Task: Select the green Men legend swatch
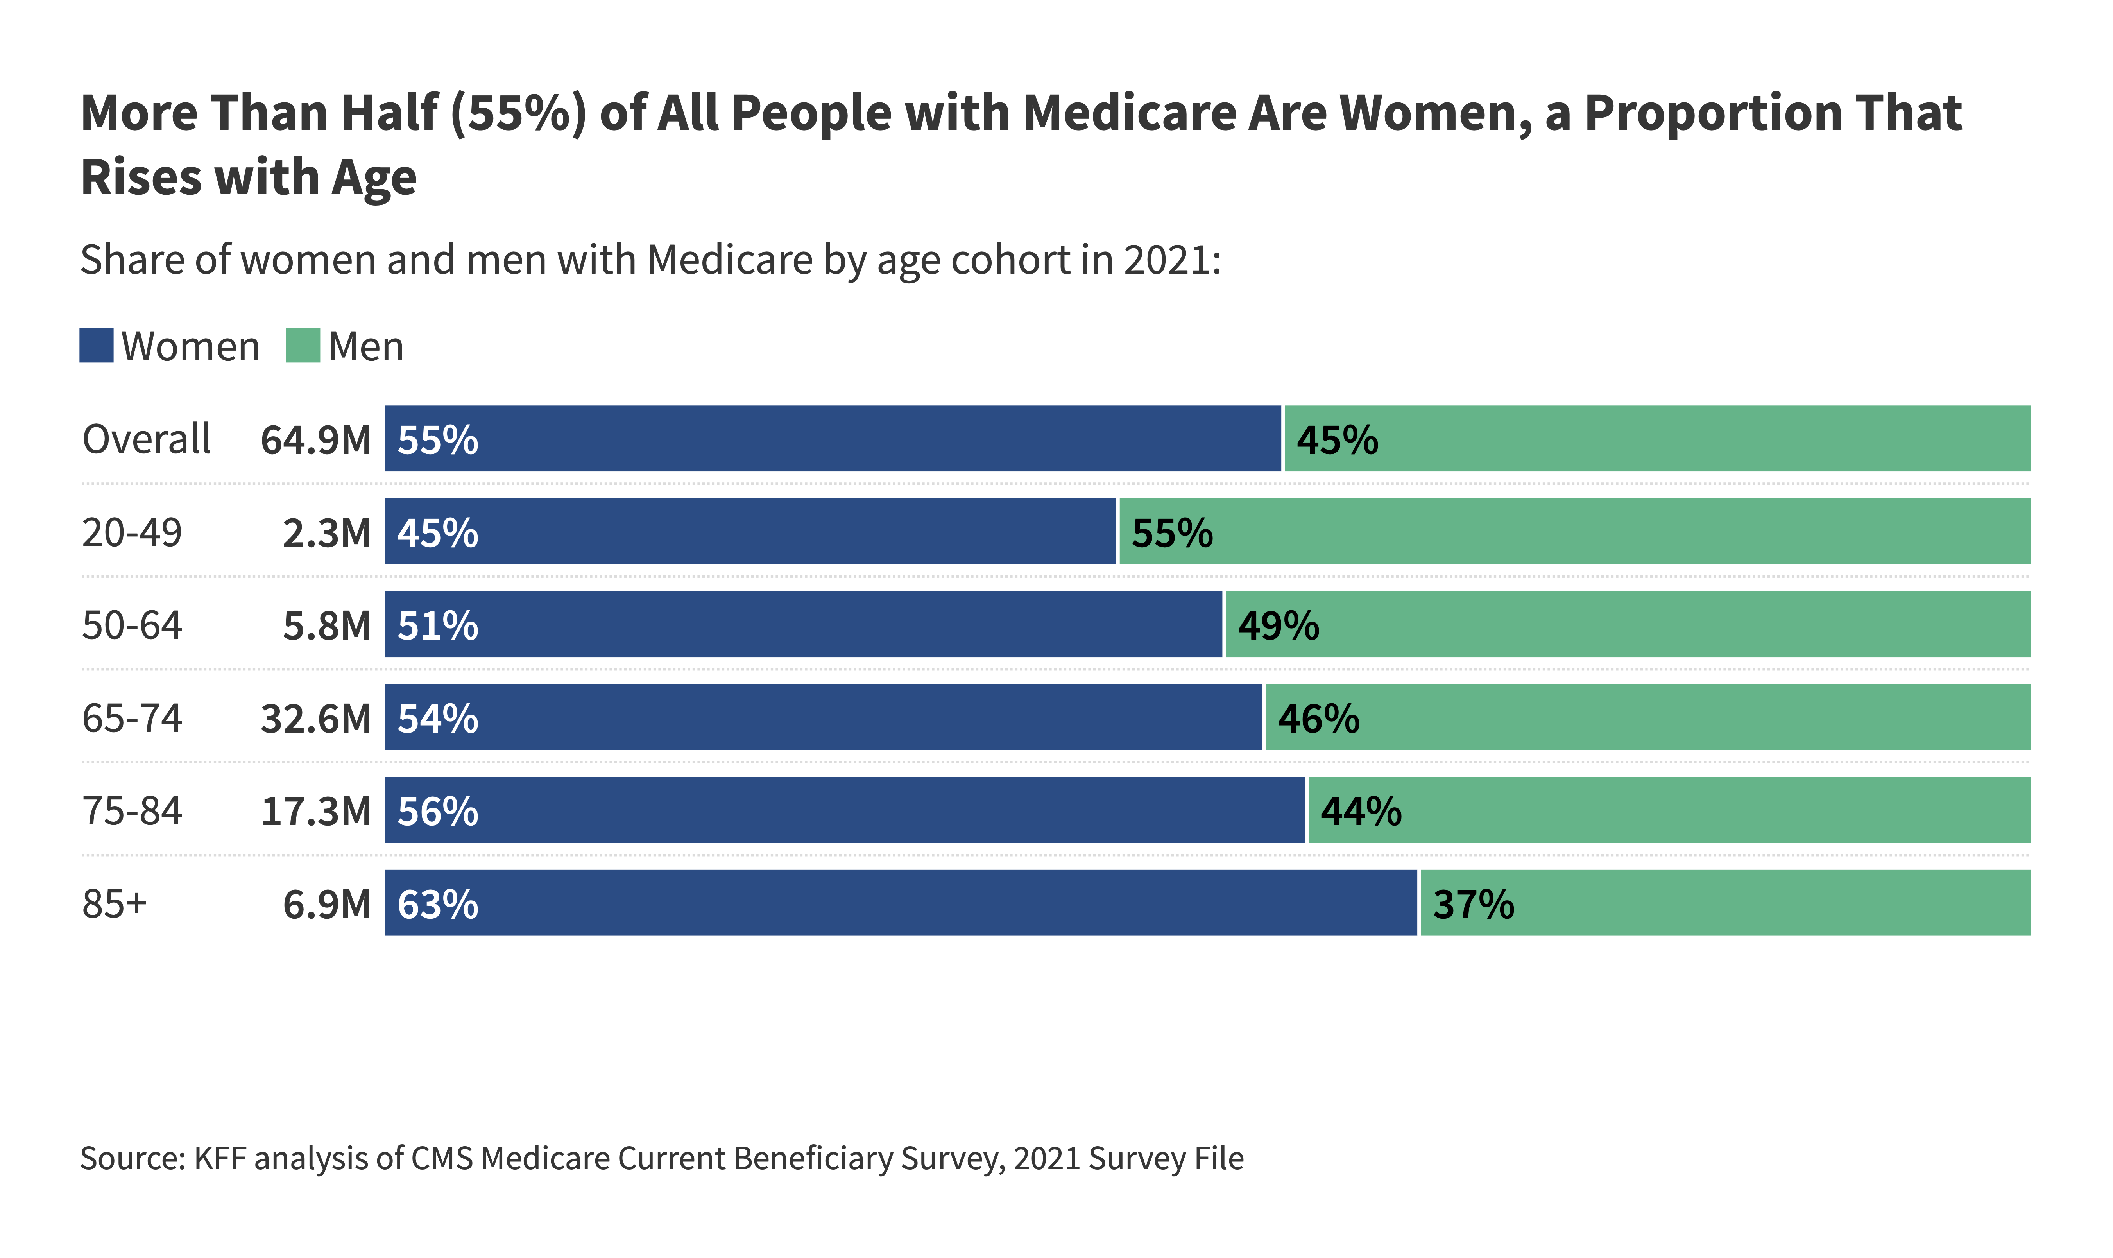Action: (303, 346)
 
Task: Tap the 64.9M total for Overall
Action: (315, 440)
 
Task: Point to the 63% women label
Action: (437, 905)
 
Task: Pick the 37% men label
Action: (1473, 905)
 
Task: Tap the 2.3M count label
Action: (326, 533)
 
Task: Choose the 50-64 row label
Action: (131, 625)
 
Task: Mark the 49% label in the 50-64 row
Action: (1278, 625)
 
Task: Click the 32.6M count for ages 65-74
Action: (315, 719)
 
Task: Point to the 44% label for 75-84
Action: (1360, 811)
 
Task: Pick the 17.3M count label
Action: (315, 811)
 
